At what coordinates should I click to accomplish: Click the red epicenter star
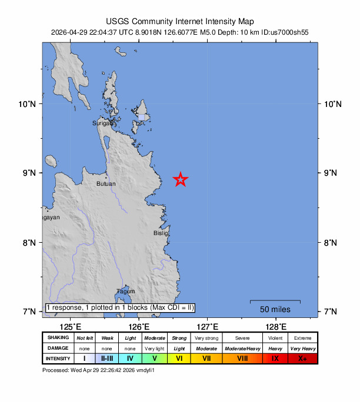181,180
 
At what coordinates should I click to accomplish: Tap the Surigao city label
104,123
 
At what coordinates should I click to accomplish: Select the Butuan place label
106,184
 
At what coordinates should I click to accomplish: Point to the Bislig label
161,233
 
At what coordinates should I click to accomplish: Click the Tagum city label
126,292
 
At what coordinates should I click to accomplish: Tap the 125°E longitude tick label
70,326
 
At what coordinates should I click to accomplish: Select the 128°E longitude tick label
276,326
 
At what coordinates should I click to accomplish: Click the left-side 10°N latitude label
28,104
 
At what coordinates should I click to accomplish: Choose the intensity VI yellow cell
179,358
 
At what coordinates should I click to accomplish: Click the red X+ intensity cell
302,358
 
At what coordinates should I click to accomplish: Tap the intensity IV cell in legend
130,358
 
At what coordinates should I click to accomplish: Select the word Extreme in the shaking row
302,338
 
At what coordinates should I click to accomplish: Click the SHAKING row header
58,338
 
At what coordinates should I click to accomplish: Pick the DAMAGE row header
58,348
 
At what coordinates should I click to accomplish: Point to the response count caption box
120,307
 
